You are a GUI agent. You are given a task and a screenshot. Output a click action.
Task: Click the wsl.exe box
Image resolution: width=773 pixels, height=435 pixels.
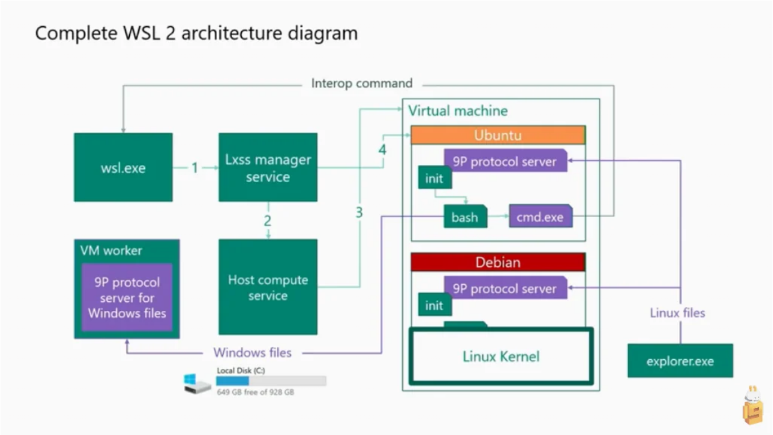(x=123, y=168)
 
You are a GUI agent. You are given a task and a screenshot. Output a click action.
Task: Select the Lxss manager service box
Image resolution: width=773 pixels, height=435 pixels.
(x=268, y=168)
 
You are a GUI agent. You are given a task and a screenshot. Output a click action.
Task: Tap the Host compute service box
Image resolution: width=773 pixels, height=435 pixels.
(x=268, y=287)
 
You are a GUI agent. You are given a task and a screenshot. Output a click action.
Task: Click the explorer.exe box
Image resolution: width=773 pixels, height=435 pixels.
(x=680, y=361)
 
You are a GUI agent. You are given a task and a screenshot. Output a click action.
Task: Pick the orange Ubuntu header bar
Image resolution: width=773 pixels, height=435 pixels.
(x=498, y=135)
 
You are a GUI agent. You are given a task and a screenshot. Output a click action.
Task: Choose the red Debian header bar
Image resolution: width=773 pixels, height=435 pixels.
(x=498, y=262)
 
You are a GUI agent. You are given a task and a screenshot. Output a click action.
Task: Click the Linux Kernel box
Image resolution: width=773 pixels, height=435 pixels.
(x=501, y=356)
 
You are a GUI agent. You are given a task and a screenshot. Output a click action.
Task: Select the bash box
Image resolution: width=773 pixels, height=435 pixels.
(x=465, y=217)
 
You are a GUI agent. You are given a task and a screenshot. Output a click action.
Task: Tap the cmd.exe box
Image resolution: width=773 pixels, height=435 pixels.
(x=541, y=216)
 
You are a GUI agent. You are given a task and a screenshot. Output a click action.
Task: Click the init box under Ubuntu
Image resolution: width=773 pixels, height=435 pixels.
(x=435, y=178)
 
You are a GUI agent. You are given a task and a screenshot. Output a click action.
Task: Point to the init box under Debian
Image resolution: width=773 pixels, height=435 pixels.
(x=435, y=305)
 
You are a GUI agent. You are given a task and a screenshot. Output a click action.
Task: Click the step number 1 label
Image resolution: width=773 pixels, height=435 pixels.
(x=195, y=168)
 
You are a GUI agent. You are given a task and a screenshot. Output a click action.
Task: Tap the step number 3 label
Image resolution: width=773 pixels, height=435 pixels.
(x=359, y=212)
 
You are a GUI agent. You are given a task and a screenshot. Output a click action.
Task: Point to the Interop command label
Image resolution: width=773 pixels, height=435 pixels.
(x=362, y=83)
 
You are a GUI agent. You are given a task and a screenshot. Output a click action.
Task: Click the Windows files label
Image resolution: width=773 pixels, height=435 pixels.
(x=252, y=353)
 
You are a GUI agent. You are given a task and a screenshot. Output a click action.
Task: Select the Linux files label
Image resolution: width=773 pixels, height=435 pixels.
(x=677, y=313)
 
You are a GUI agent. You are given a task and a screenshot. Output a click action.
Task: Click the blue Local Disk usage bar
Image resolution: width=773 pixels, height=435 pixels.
(x=233, y=381)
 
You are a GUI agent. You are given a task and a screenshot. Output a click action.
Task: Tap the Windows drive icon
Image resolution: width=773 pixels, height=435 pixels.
(x=197, y=384)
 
